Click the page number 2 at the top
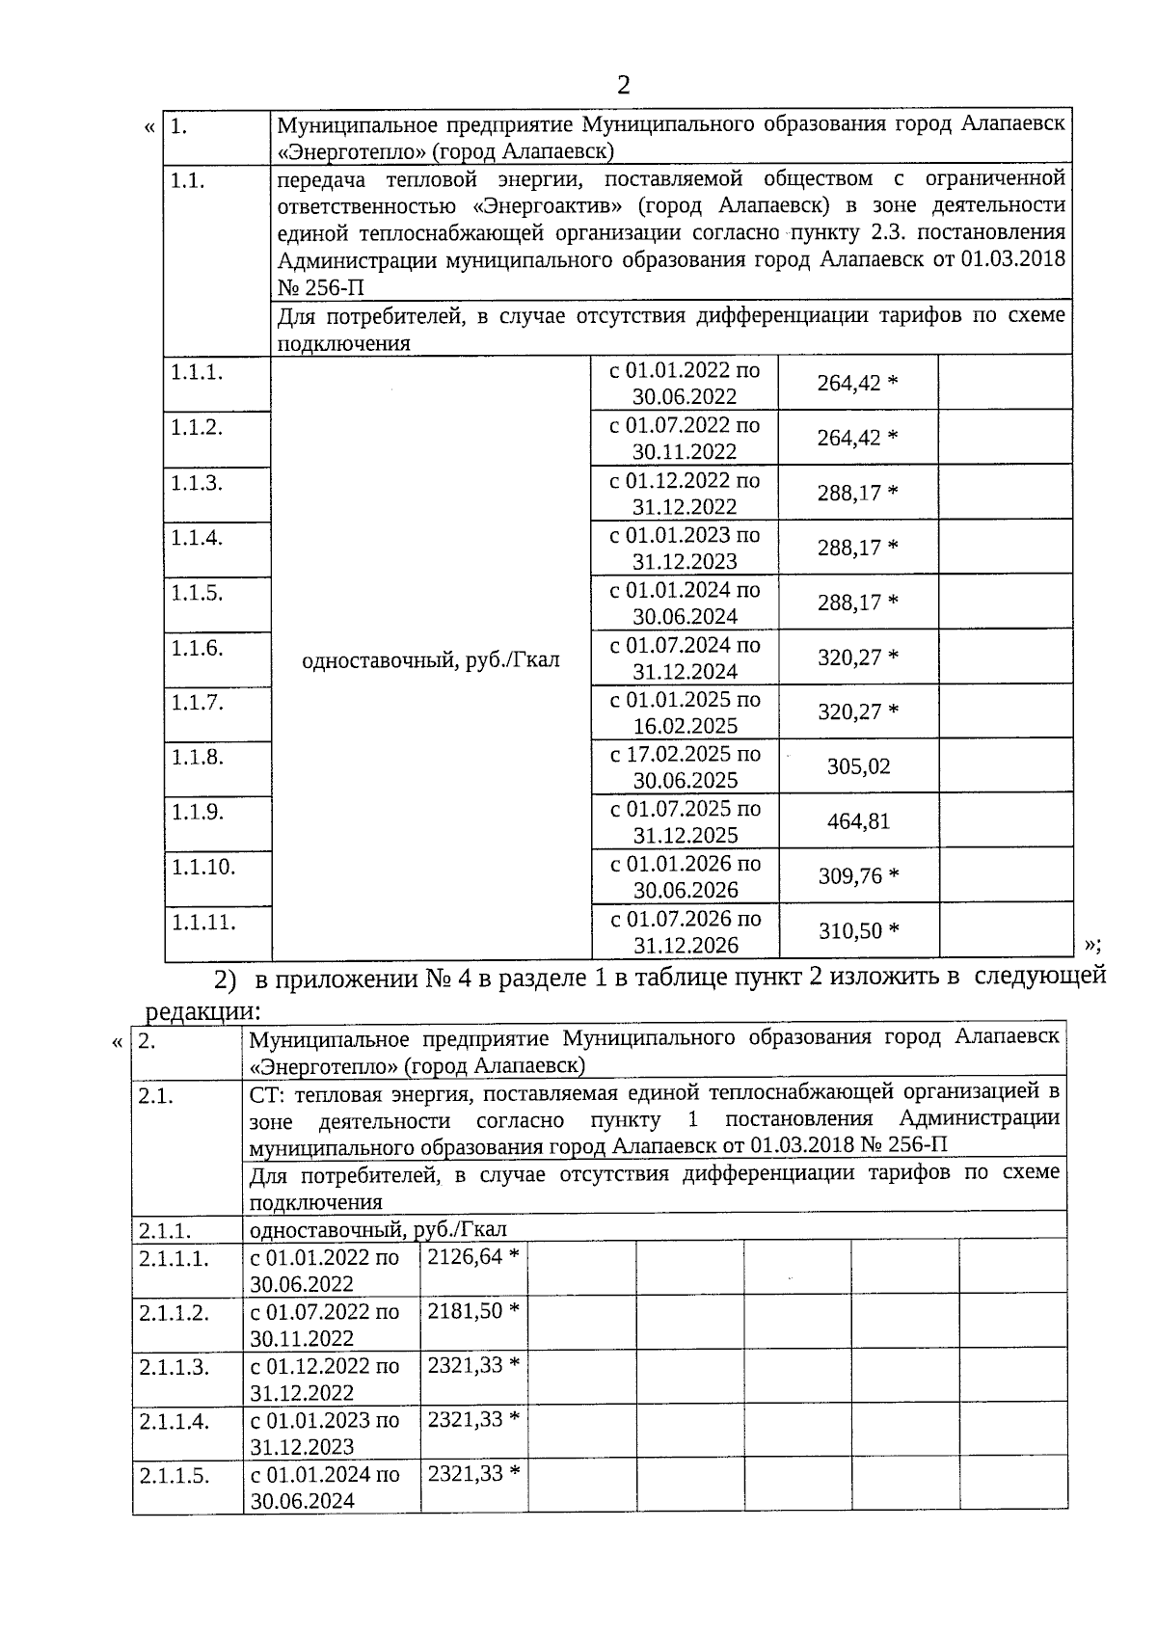pyautogui.click(x=623, y=86)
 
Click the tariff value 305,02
pyautogui.click(x=858, y=767)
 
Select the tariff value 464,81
pyautogui.click(x=858, y=822)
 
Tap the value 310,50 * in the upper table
pyautogui.click(x=859, y=931)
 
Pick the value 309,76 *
pyautogui.click(x=859, y=876)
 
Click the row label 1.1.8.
pyautogui.click(x=198, y=758)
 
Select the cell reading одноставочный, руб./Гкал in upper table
pyautogui.click(x=431, y=660)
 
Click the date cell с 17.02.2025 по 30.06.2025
pyautogui.click(x=685, y=767)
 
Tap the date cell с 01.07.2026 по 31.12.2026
pyautogui.click(x=686, y=931)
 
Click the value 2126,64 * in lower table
pyautogui.click(x=473, y=1257)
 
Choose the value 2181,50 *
pyautogui.click(x=473, y=1311)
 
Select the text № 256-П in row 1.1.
pyautogui.click(x=320, y=288)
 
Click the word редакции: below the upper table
pyautogui.click(x=202, y=1011)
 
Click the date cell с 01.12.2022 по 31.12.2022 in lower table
pyautogui.click(x=324, y=1379)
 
